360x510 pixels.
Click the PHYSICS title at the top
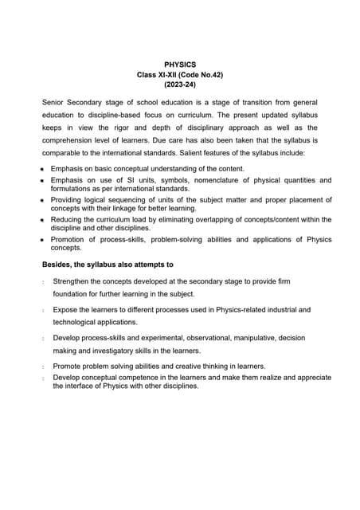(x=179, y=63)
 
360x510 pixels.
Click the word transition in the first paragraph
(x=246, y=103)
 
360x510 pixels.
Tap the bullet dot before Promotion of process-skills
(x=42, y=240)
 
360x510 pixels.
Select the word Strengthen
(x=74, y=281)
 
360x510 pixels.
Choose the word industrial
(x=276, y=309)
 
